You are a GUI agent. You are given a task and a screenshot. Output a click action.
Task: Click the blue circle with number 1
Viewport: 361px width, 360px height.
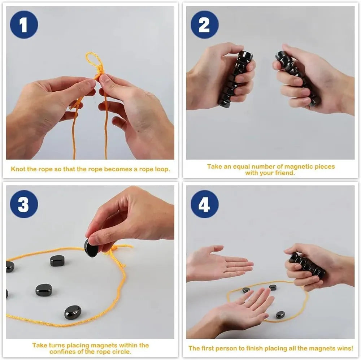(x=24, y=25)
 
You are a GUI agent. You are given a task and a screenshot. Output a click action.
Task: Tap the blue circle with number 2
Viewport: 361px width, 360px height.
(x=204, y=25)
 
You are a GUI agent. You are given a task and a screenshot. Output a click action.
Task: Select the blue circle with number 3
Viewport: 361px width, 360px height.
(x=24, y=204)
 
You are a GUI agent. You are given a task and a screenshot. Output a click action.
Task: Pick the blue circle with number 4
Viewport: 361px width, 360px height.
(x=204, y=204)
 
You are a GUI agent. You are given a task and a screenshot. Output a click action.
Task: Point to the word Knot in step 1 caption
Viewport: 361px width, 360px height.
(x=18, y=169)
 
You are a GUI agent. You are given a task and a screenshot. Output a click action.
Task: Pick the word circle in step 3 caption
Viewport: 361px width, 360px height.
(x=122, y=351)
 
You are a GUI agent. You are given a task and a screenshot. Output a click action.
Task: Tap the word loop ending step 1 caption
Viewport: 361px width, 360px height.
(x=161, y=169)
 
